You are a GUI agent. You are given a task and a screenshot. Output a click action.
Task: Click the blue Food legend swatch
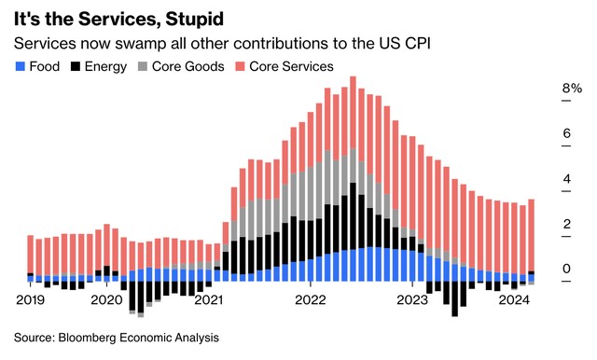point(21,66)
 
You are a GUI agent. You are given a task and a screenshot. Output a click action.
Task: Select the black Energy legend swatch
point(75,66)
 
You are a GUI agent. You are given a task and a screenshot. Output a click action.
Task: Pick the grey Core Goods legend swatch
point(143,66)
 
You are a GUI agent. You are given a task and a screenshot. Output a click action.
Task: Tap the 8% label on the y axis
point(571,90)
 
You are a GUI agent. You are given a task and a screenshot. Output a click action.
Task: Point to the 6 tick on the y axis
point(565,134)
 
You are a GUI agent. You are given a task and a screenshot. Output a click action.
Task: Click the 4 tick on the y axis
point(565,179)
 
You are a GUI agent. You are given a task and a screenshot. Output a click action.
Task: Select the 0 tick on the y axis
point(565,270)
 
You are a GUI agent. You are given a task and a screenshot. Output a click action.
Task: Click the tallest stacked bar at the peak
point(354,177)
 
